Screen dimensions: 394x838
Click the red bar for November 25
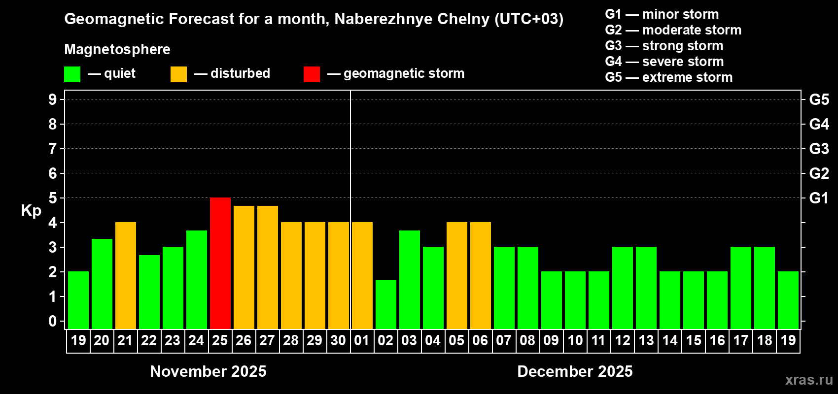click(x=220, y=263)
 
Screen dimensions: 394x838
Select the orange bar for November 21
click(x=126, y=275)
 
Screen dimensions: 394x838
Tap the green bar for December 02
click(x=386, y=304)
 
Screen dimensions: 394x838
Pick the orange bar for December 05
click(x=457, y=275)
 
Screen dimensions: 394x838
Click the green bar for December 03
click(x=410, y=279)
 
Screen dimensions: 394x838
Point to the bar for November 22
click(x=149, y=292)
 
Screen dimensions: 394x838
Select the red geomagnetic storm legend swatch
click(x=312, y=74)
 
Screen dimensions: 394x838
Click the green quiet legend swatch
click(x=72, y=74)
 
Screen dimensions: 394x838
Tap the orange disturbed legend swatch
click(x=178, y=74)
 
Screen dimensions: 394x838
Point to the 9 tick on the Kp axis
click(x=53, y=99)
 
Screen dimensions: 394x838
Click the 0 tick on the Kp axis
click(x=53, y=322)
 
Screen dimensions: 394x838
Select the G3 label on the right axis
click(x=819, y=149)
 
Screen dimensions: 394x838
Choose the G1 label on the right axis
click(x=819, y=198)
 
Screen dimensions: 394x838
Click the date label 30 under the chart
click(x=338, y=340)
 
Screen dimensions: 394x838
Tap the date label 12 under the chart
click(x=623, y=340)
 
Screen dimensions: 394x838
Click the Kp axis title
click(x=31, y=211)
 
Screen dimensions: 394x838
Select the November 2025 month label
click(x=208, y=371)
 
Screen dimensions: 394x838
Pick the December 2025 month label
click(x=575, y=371)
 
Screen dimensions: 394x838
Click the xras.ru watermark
click(x=809, y=379)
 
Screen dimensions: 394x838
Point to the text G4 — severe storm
click(x=664, y=62)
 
